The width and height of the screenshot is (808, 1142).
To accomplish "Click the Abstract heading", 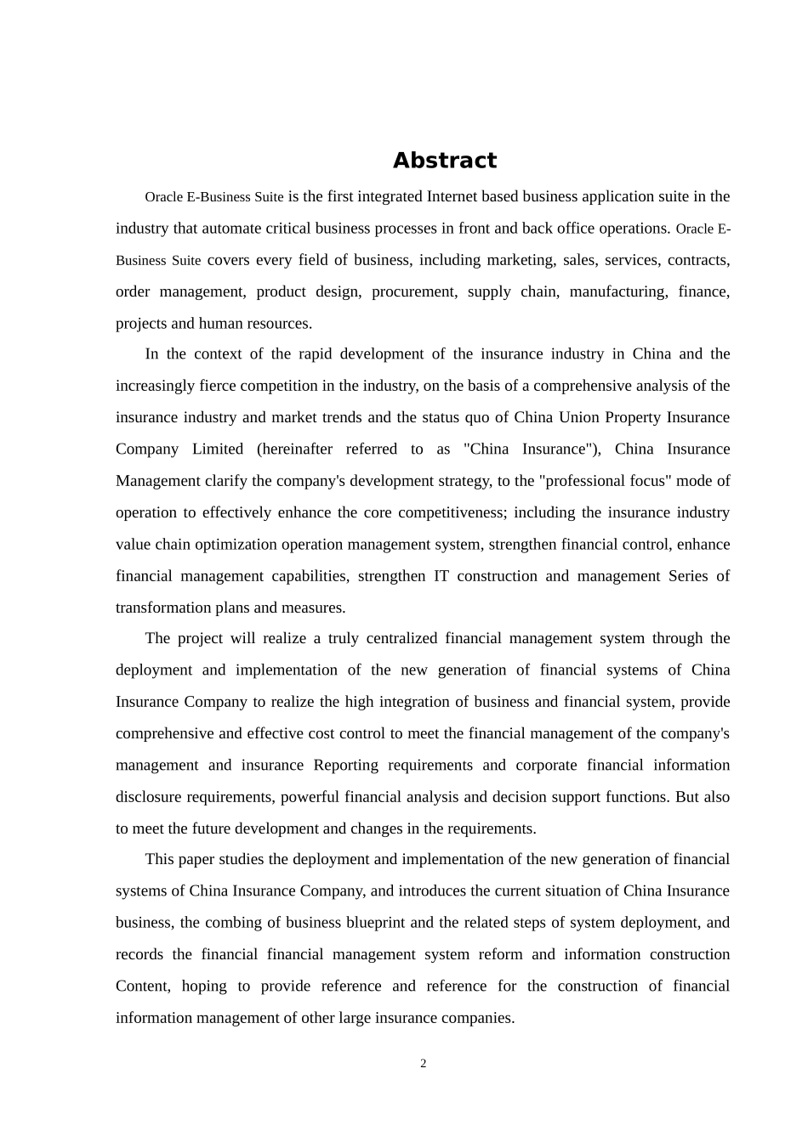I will coord(444,161).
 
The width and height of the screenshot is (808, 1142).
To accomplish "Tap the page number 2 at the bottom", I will coord(423,1064).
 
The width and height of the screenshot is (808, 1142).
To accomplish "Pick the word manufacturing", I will coord(618,291).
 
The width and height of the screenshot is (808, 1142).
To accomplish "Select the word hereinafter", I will coord(294,449).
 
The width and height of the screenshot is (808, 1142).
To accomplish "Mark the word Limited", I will coord(217,449).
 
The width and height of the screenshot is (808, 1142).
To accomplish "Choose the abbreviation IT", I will coord(441,576).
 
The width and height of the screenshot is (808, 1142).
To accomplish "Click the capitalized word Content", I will coord(142,986).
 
